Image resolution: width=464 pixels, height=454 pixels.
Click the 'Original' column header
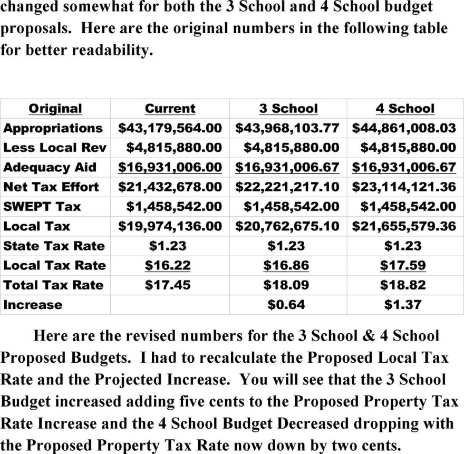55,109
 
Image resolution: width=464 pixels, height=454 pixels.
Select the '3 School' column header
288,109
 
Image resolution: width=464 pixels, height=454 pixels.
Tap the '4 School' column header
405,109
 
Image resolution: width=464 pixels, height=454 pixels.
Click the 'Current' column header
170,109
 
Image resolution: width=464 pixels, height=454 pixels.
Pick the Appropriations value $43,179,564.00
170,128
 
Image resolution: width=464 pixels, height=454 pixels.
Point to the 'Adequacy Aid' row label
50,168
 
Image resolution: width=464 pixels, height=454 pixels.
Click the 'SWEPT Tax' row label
42,206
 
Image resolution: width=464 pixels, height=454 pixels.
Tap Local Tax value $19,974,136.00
170,226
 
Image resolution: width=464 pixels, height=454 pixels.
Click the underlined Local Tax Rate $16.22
168,265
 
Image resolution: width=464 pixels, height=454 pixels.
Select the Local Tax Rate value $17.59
403,265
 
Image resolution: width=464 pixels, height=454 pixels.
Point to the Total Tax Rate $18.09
286,285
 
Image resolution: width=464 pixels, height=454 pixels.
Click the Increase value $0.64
286,305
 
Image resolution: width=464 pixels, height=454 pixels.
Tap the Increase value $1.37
403,305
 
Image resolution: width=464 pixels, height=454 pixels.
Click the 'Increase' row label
33,305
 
